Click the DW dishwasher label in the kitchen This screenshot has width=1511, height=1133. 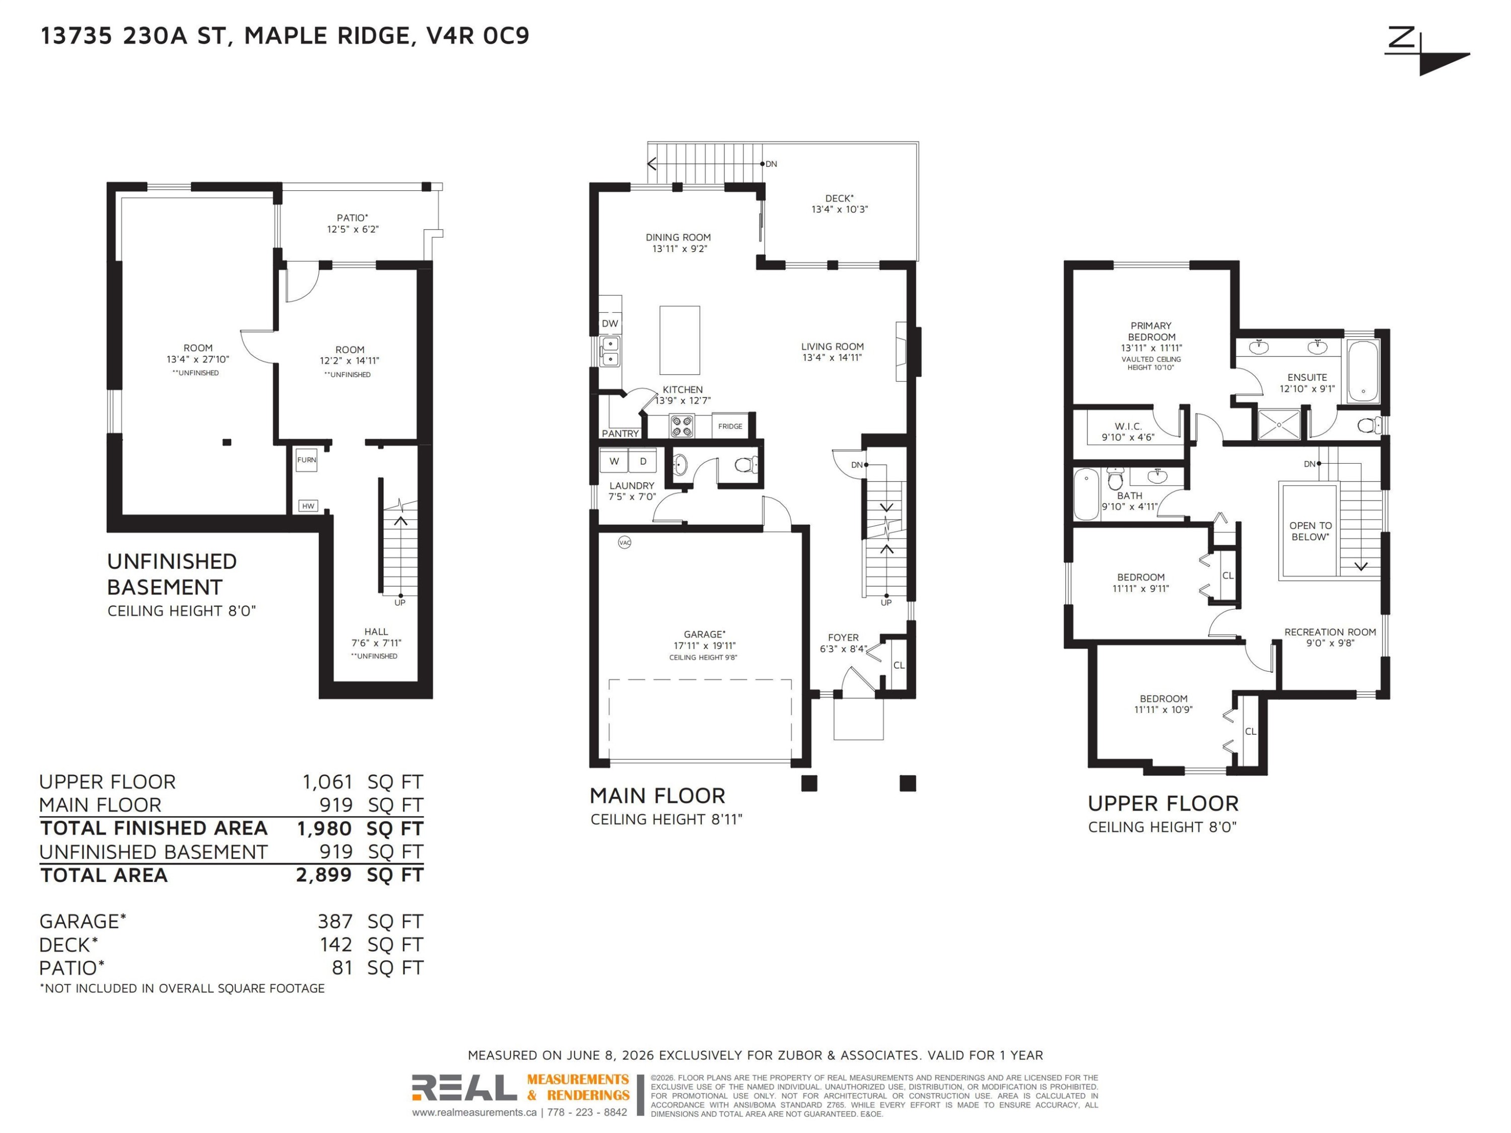(610, 324)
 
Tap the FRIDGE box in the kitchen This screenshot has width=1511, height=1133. (730, 426)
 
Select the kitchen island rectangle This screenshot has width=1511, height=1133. (679, 340)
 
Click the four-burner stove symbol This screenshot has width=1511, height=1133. (682, 426)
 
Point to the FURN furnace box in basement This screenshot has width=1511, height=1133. (307, 460)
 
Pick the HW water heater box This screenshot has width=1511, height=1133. (308, 506)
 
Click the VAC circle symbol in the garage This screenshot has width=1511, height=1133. (625, 542)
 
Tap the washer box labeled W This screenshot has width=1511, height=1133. (614, 461)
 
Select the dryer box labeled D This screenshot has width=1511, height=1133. (643, 461)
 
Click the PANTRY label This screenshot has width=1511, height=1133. (620, 434)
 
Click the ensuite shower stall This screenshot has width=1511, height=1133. (1279, 424)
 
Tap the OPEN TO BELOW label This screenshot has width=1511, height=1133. (1310, 531)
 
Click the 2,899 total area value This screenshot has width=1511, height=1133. (324, 875)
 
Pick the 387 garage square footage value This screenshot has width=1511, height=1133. (335, 922)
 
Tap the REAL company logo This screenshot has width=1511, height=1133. (464, 1088)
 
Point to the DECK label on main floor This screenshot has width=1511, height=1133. (839, 198)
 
